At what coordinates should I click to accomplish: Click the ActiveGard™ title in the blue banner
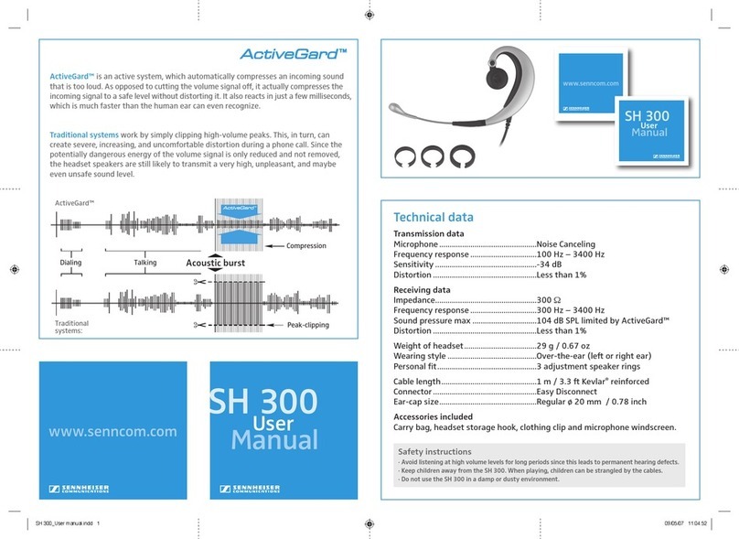(299, 54)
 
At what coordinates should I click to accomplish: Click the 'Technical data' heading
(433, 218)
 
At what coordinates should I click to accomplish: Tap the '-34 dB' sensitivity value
(552, 265)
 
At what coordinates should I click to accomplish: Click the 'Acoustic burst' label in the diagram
(216, 264)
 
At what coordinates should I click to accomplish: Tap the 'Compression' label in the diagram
(306, 246)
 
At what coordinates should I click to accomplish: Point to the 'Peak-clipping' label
(307, 326)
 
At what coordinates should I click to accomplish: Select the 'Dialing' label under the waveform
(70, 263)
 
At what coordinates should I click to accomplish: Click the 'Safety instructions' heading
(434, 452)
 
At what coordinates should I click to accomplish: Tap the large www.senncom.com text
(112, 431)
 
